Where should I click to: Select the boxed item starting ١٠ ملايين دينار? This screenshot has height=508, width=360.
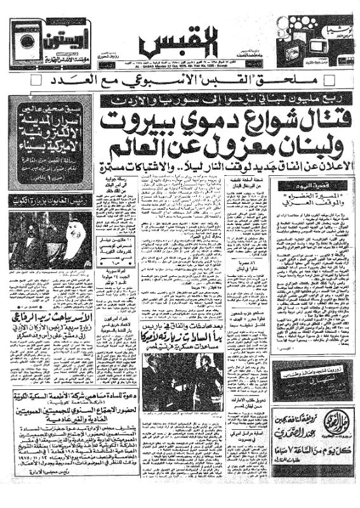coord(117,242)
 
